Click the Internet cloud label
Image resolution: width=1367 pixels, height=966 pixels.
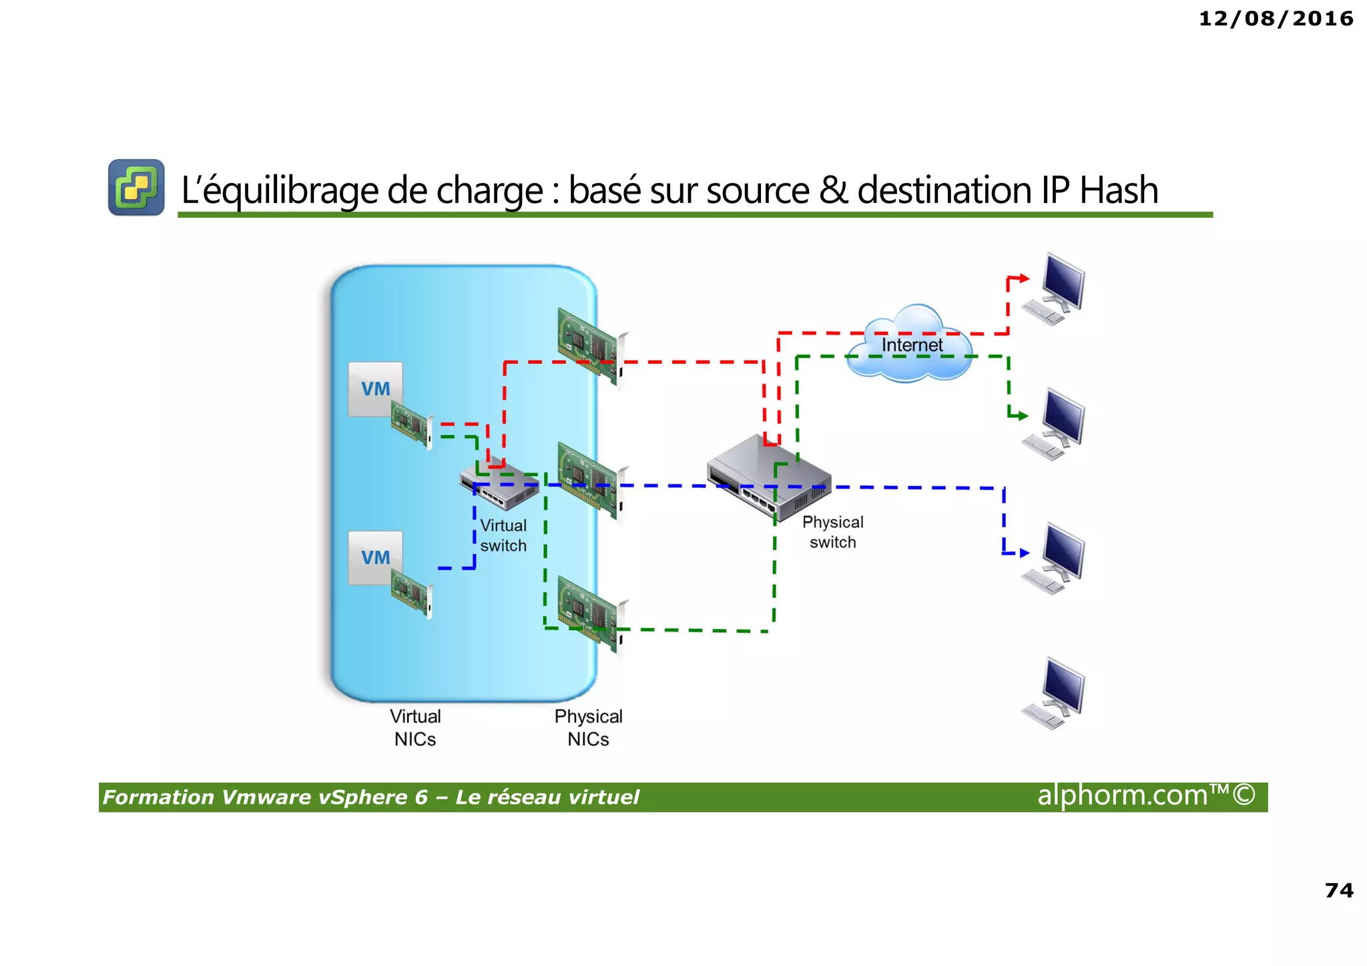(x=912, y=345)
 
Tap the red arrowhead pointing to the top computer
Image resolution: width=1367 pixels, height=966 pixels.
(x=1024, y=278)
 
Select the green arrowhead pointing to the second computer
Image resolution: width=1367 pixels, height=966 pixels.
(x=1023, y=416)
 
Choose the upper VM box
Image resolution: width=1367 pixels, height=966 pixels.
(x=375, y=389)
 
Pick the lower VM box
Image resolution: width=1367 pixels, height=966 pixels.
(x=375, y=557)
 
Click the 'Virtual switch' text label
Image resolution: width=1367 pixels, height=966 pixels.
(x=503, y=535)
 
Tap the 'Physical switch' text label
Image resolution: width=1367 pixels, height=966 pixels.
(x=832, y=532)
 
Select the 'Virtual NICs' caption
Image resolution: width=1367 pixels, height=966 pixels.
(x=415, y=728)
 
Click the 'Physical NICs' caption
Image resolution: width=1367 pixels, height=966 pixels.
(x=588, y=728)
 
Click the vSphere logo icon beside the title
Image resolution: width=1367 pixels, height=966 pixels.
(x=136, y=188)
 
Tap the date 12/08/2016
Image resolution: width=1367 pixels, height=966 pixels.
(x=1276, y=19)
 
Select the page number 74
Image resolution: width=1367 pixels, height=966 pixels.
(x=1339, y=890)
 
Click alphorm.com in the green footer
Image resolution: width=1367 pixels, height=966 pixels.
(x=1146, y=796)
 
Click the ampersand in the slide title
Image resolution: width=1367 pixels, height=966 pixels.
(x=833, y=190)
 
